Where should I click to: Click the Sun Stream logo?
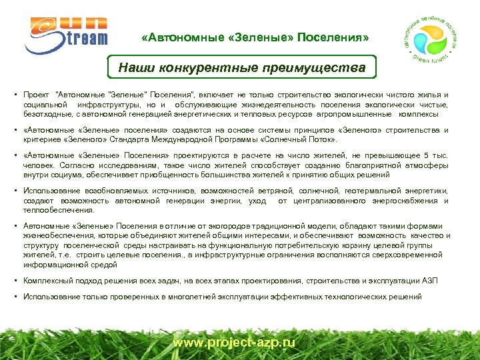66,30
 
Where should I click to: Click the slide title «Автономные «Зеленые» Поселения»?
255,37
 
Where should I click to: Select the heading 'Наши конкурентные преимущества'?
242,67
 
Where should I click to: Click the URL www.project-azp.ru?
233,343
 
